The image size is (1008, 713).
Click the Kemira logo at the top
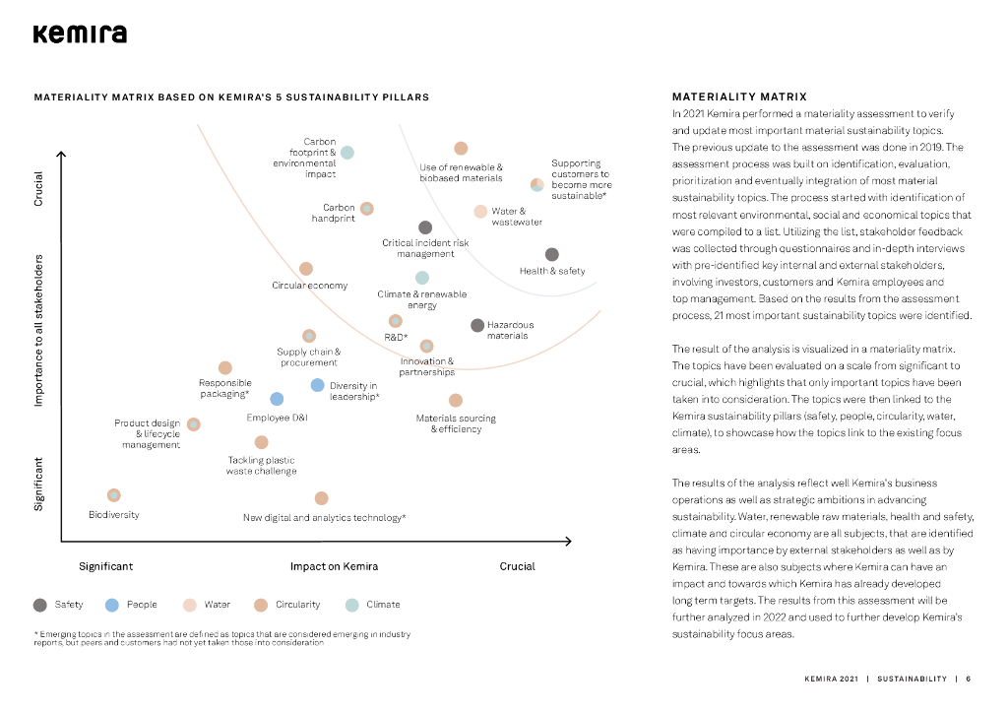click(x=80, y=34)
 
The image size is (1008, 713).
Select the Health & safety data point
click(x=551, y=255)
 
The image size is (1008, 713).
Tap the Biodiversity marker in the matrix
click(x=114, y=495)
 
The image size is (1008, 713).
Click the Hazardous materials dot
click(x=477, y=325)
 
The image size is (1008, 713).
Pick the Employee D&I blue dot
click(x=277, y=399)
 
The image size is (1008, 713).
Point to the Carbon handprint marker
click(x=367, y=209)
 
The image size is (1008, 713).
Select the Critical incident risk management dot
click(x=425, y=227)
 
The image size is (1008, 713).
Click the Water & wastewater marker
click(x=480, y=212)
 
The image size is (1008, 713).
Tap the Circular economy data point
click(x=306, y=269)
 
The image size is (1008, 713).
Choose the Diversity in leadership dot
click(x=317, y=385)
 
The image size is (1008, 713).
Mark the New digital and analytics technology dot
click(x=321, y=499)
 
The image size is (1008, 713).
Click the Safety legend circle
click(x=40, y=605)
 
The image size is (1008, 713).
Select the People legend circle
click(x=112, y=605)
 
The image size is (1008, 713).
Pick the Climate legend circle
click(x=351, y=605)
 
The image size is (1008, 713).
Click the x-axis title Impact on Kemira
click(x=334, y=566)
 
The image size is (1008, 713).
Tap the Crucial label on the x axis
click(x=517, y=566)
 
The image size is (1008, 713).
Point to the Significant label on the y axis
click(x=39, y=483)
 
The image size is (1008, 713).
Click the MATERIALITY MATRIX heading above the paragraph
click(x=739, y=97)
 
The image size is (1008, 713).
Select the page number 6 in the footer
click(x=968, y=679)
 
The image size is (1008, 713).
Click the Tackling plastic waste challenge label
click(x=261, y=465)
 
